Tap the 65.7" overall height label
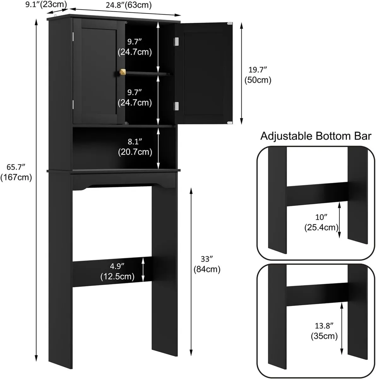16,172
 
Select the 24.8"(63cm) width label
128,5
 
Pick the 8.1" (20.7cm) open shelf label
135,147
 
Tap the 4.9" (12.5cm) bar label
117,272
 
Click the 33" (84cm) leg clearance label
207,264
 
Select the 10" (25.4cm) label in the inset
321,222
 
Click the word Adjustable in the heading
286,136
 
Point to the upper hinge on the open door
176,41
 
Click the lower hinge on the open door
176,106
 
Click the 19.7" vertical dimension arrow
242,74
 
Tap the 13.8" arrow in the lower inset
342,328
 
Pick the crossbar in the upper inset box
317,194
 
